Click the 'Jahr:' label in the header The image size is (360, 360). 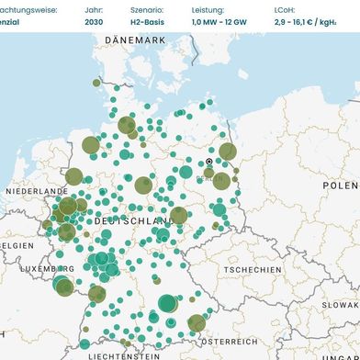pos(93,8)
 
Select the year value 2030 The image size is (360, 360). pos(94,21)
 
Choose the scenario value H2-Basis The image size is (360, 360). pos(148,21)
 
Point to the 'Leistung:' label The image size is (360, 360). pos(207,8)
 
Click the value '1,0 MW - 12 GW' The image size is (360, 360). pos(219,21)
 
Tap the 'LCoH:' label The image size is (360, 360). pos(286,8)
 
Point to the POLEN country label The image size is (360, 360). pos(340,185)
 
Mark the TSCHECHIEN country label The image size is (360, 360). pos(253,270)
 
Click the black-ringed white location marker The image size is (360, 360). pos(208,162)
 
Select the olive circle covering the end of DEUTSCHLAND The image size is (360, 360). pos(179,216)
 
